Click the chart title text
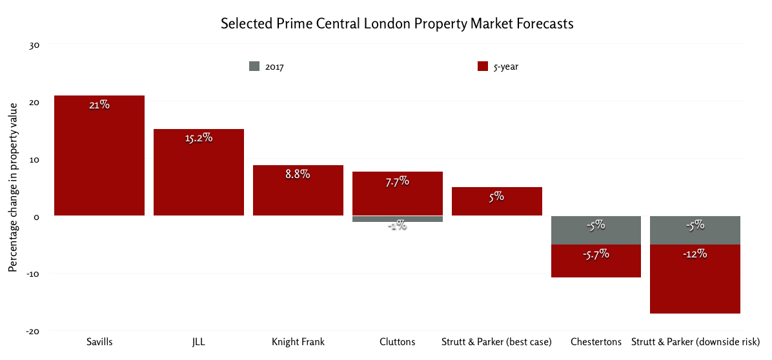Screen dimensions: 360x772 397,24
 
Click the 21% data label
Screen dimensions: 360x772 99,105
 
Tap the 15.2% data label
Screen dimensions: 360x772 198,138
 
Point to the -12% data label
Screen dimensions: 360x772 695,254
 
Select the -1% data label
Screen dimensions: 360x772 397,225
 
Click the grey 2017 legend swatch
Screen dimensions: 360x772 254,66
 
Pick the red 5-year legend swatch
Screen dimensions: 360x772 482,66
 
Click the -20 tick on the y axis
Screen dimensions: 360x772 33,331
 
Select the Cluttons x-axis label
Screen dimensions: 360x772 397,341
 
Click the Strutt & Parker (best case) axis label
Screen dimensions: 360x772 496,341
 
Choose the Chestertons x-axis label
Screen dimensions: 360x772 596,341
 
